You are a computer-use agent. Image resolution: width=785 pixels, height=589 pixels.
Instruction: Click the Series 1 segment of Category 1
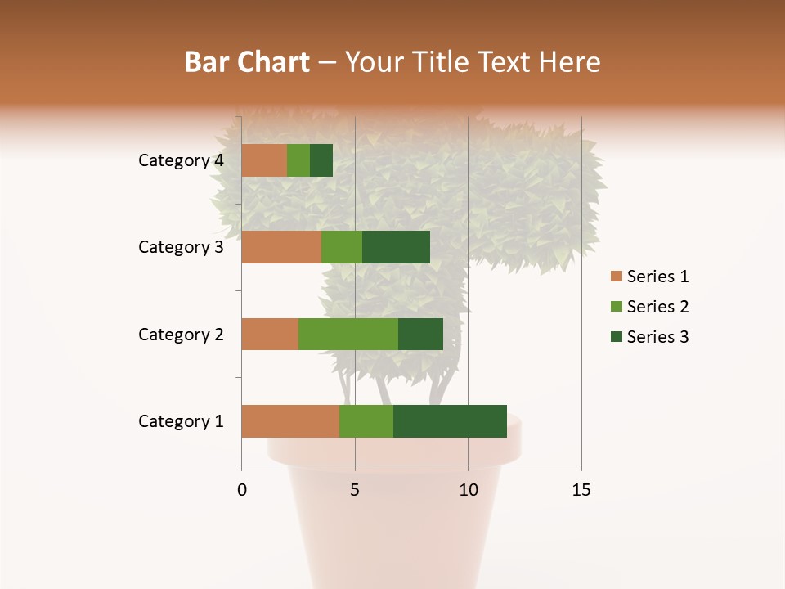click(290, 421)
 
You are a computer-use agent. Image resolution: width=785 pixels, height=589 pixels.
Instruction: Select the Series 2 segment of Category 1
click(366, 421)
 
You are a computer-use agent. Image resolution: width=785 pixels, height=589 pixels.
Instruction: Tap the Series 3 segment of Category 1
click(450, 421)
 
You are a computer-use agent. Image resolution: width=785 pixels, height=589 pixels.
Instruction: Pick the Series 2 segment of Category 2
click(348, 334)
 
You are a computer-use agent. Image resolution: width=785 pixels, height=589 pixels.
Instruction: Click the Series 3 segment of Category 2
click(420, 334)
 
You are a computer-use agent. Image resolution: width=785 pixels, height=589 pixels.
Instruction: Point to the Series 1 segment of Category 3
click(281, 247)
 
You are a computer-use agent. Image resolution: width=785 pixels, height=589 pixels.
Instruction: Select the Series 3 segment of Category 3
click(396, 247)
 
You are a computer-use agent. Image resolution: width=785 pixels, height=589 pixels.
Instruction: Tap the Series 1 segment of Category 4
click(264, 160)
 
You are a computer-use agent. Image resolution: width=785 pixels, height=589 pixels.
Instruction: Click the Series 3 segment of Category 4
click(321, 160)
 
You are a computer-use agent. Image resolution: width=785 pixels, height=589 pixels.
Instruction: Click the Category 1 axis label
click(181, 421)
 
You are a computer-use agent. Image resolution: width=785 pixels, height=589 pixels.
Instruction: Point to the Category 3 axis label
click(181, 247)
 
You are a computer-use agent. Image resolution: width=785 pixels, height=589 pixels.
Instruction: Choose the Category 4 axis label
click(181, 160)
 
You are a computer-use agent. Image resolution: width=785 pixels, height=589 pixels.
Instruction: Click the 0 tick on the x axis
click(242, 490)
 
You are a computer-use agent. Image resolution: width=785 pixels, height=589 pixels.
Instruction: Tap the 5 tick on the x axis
click(355, 490)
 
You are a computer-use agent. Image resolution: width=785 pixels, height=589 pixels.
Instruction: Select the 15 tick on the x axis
click(581, 490)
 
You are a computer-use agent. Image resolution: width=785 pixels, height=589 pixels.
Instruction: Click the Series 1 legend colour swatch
click(617, 277)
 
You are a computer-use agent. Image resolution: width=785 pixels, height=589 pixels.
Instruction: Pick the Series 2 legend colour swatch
click(617, 307)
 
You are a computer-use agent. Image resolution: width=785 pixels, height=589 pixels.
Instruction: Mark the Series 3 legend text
click(657, 337)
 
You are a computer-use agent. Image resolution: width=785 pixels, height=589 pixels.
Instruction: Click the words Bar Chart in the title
click(247, 61)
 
